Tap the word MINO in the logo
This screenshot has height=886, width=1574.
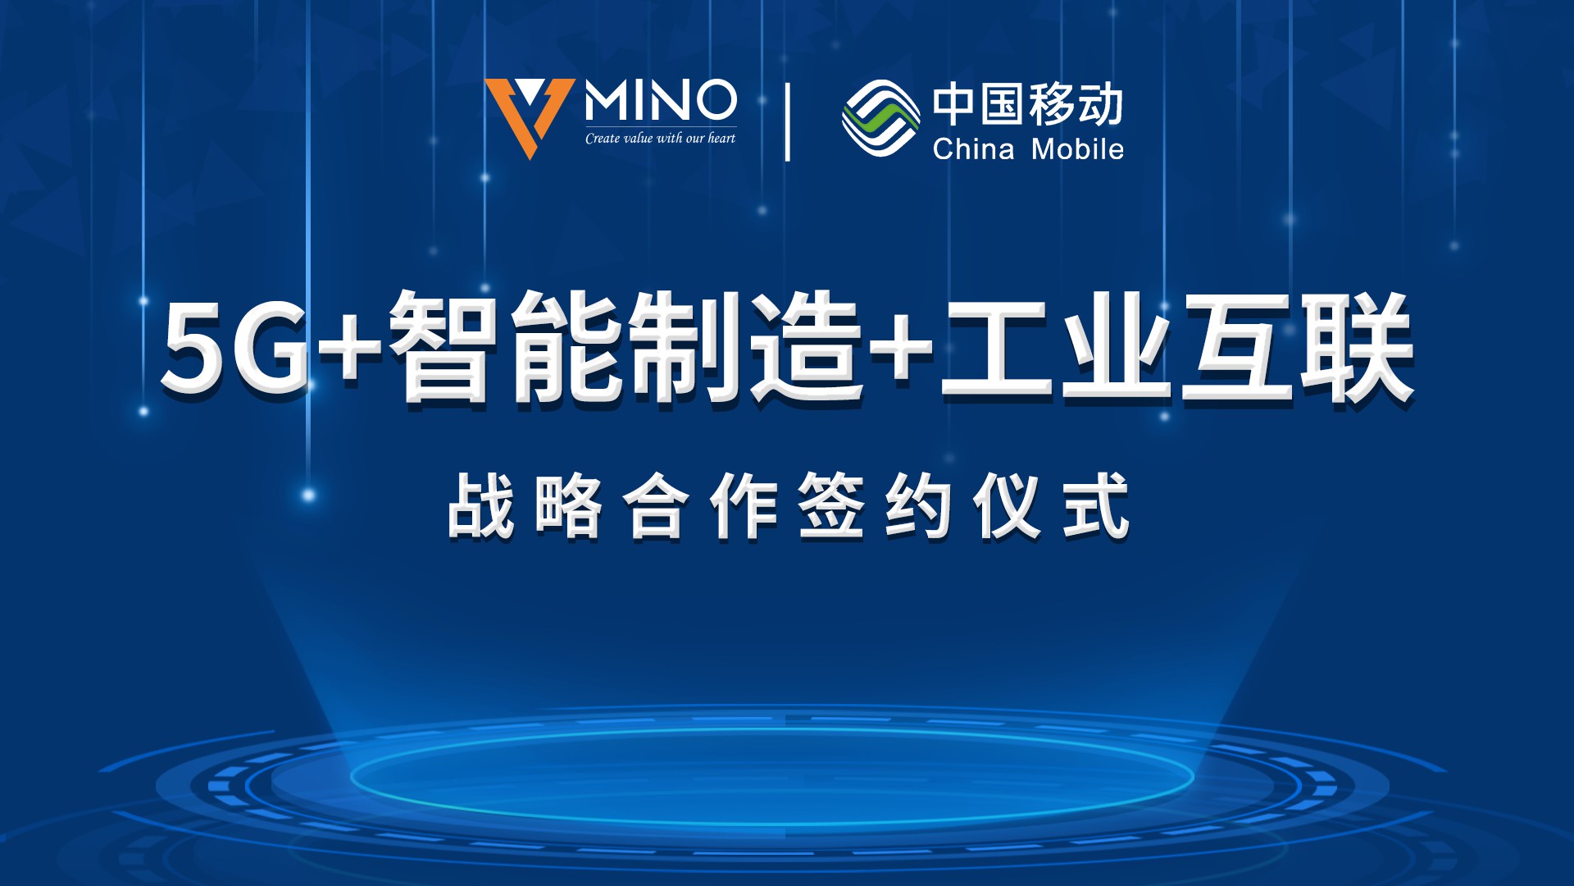(x=660, y=101)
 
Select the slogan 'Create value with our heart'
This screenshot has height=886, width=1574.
(x=660, y=139)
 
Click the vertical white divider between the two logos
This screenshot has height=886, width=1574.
(x=788, y=122)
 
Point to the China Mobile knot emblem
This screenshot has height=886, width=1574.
(x=880, y=118)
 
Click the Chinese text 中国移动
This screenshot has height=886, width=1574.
(x=1027, y=104)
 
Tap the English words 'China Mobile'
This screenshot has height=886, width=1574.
(x=1028, y=149)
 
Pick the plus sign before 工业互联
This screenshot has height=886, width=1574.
(x=902, y=346)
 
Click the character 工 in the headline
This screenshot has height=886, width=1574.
(x=996, y=348)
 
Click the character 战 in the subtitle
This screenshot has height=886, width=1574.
(x=481, y=505)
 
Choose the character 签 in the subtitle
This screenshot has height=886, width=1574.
(x=831, y=505)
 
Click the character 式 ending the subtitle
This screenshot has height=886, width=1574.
(x=1096, y=505)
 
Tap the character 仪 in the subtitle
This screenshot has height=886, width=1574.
(x=1008, y=505)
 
